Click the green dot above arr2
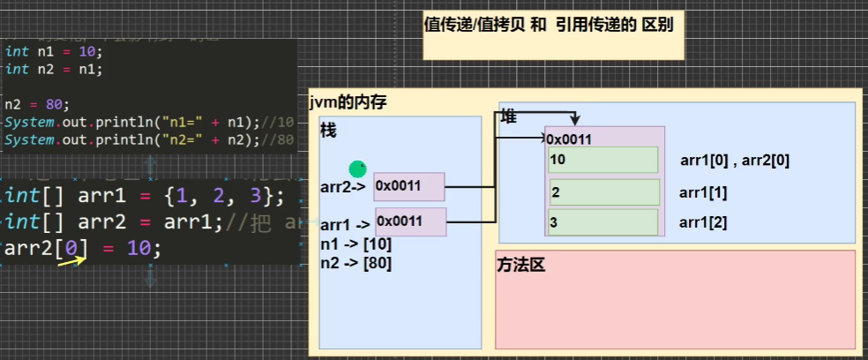(357, 168)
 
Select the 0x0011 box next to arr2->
(409, 186)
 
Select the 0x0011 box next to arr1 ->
(410, 221)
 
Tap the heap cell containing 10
(603, 160)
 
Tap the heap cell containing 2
(603, 191)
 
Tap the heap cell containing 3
(603, 222)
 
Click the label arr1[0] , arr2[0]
(735, 161)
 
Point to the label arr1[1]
(703, 192)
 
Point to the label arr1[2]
(703, 222)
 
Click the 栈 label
(328, 131)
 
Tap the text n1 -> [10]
(356, 244)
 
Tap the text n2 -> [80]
(356, 262)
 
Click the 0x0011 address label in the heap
(569, 139)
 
